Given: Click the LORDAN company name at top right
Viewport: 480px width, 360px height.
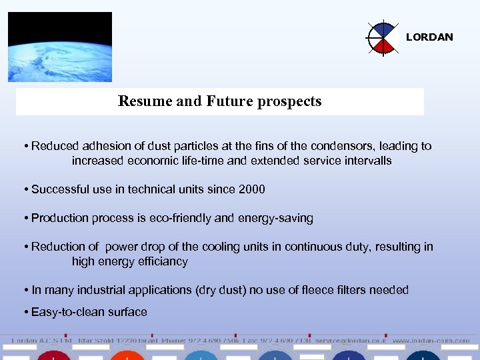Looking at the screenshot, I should coord(429,37).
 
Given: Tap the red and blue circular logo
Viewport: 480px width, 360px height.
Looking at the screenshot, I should coord(383,38).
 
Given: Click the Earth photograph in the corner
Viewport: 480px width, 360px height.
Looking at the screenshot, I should coord(60,47).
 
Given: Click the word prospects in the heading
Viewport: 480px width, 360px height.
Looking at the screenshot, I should coord(291,101).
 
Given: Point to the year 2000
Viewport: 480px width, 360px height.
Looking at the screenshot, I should coord(251,189).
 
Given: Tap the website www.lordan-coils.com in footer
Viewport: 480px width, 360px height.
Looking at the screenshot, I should coord(431,340).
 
